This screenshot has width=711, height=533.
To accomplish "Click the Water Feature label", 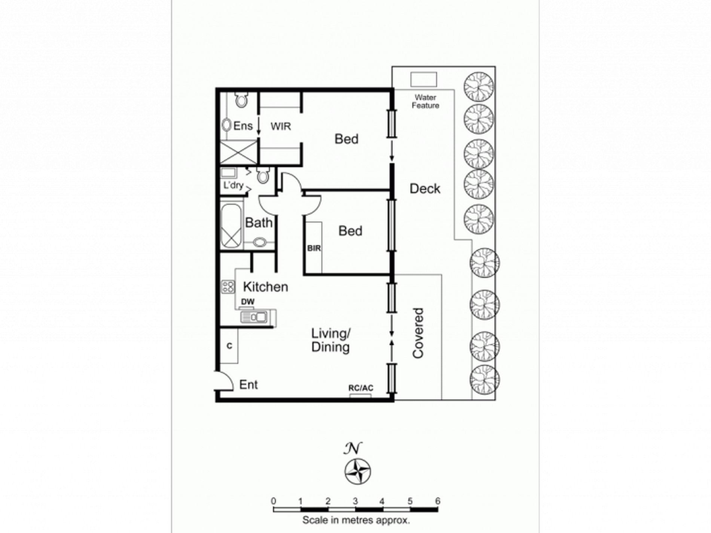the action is pos(425,101).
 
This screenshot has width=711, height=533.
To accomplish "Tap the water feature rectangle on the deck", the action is pos(424,79).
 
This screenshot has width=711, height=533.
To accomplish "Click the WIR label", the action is pos(281,126).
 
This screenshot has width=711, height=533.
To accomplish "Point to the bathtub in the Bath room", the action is pos(231,226).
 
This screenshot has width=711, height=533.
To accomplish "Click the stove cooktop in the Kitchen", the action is pos(228,287).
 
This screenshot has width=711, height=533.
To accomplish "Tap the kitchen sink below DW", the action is pos(258,318).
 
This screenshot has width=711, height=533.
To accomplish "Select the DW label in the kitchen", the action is pos(248,301).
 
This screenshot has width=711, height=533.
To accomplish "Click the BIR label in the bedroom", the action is pos(314,248).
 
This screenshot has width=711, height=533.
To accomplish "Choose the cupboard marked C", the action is pos(229,346).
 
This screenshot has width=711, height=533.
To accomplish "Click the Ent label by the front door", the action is pos(248,385).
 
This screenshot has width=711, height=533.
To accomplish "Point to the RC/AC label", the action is pos(361,388).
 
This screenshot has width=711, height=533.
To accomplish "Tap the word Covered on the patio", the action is pos(418,333).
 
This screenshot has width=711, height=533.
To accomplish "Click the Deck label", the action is pos(425,189).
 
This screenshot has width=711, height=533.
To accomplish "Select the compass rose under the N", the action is pos(358,471).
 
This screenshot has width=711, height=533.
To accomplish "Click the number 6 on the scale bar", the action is pos(437,501).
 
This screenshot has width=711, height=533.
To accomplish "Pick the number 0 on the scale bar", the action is pos(274,501).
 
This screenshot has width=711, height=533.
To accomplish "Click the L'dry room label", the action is pos(234,185).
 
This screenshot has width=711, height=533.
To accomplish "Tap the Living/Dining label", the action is pos(331,340).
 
